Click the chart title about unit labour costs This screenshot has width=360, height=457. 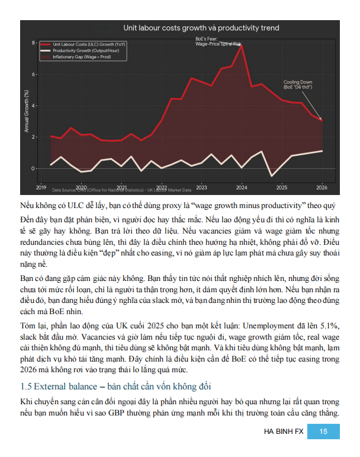point(201,28)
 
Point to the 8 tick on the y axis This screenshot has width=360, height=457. point(34,43)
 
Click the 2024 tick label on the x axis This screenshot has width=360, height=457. point(242,187)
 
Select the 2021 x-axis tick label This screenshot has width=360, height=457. point(121,187)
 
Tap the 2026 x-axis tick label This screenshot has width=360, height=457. point(322,187)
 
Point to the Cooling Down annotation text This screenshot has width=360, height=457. point(298,84)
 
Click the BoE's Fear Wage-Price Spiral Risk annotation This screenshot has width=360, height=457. point(218,41)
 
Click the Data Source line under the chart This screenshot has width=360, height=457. point(121,190)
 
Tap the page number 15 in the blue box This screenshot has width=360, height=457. point(323,432)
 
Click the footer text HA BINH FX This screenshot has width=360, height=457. point(283,432)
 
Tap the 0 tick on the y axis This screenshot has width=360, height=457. point(34,168)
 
